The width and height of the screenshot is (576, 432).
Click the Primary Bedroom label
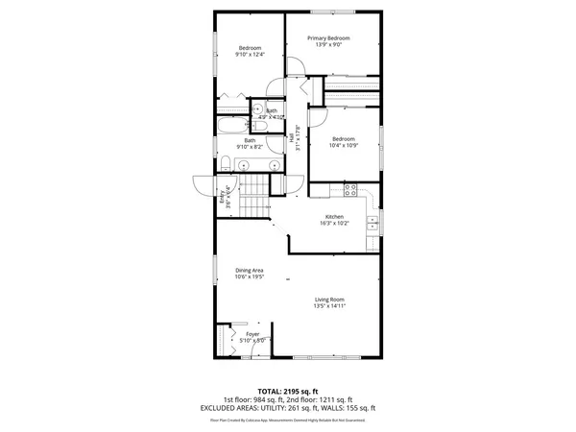click(x=328, y=38)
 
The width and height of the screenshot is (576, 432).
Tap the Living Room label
click(x=328, y=300)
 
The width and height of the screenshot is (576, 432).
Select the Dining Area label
click(x=250, y=270)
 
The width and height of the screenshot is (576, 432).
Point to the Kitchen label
click(x=333, y=217)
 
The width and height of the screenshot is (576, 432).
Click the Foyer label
click(x=252, y=334)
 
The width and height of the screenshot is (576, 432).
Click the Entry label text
click(x=227, y=197)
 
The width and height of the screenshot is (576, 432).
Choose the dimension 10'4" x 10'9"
click(x=344, y=145)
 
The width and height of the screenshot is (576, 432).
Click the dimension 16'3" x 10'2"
click(x=333, y=224)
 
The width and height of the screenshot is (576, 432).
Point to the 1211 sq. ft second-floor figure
click(x=336, y=399)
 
